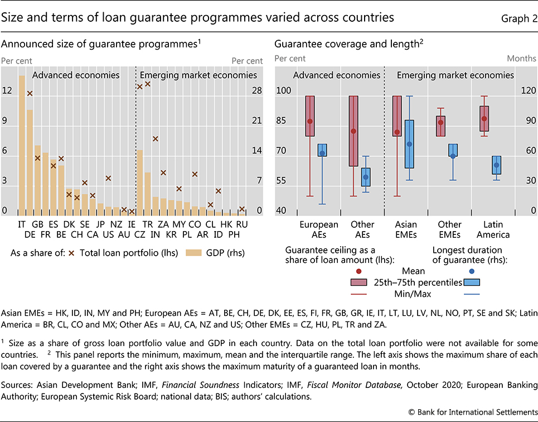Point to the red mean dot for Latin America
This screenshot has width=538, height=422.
[484, 118]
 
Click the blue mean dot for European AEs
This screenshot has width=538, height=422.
[322, 153]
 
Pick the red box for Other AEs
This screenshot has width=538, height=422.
[353, 131]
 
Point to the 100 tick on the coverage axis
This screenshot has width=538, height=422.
[284, 91]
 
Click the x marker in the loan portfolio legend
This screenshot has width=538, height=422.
[71, 253]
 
